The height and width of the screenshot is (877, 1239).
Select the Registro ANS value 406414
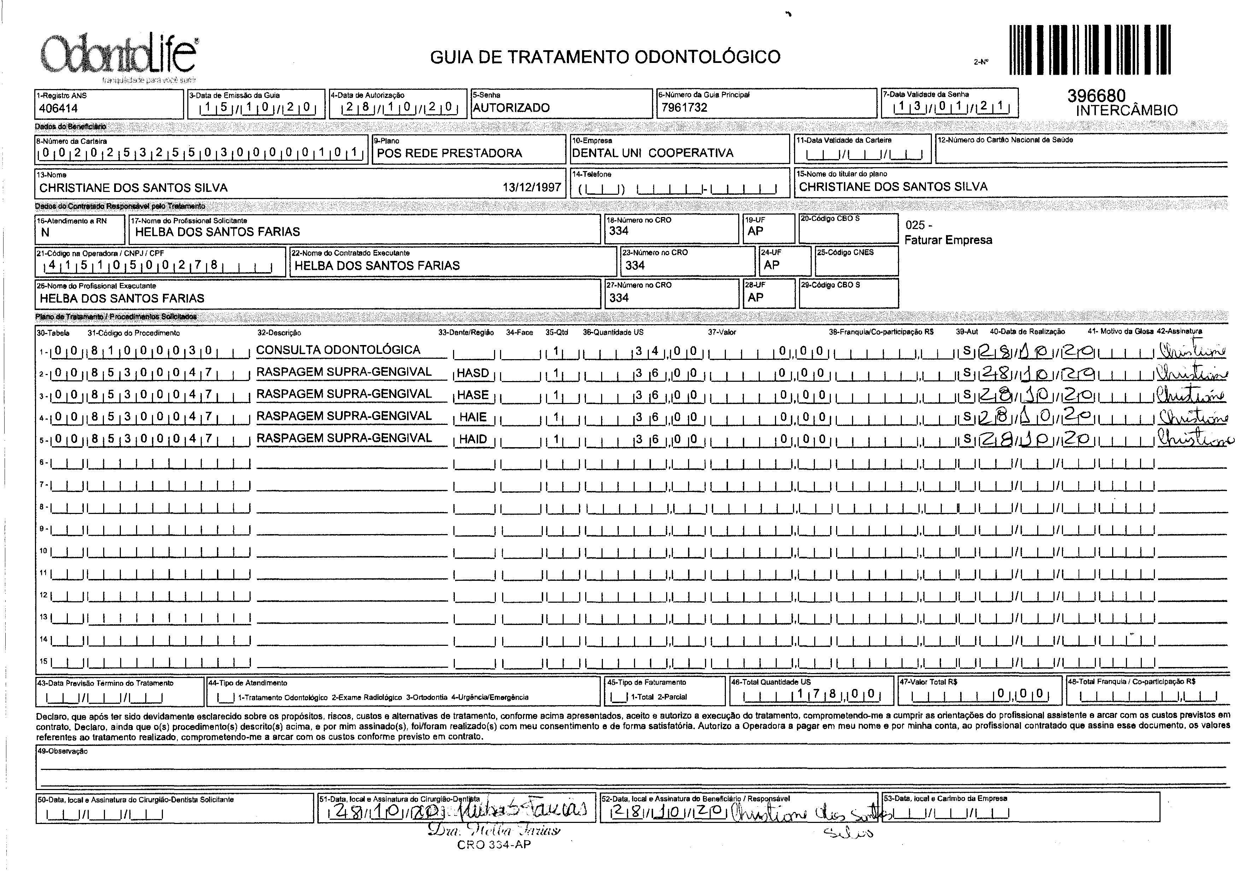click(58, 108)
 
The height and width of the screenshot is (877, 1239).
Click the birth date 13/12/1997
click(532, 187)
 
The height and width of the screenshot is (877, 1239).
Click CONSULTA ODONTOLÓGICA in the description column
click(338, 350)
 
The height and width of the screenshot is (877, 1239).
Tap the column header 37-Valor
click(722, 332)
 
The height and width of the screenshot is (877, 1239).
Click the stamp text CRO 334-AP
click(493, 844)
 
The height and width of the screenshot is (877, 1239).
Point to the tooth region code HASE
click(473, 395)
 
